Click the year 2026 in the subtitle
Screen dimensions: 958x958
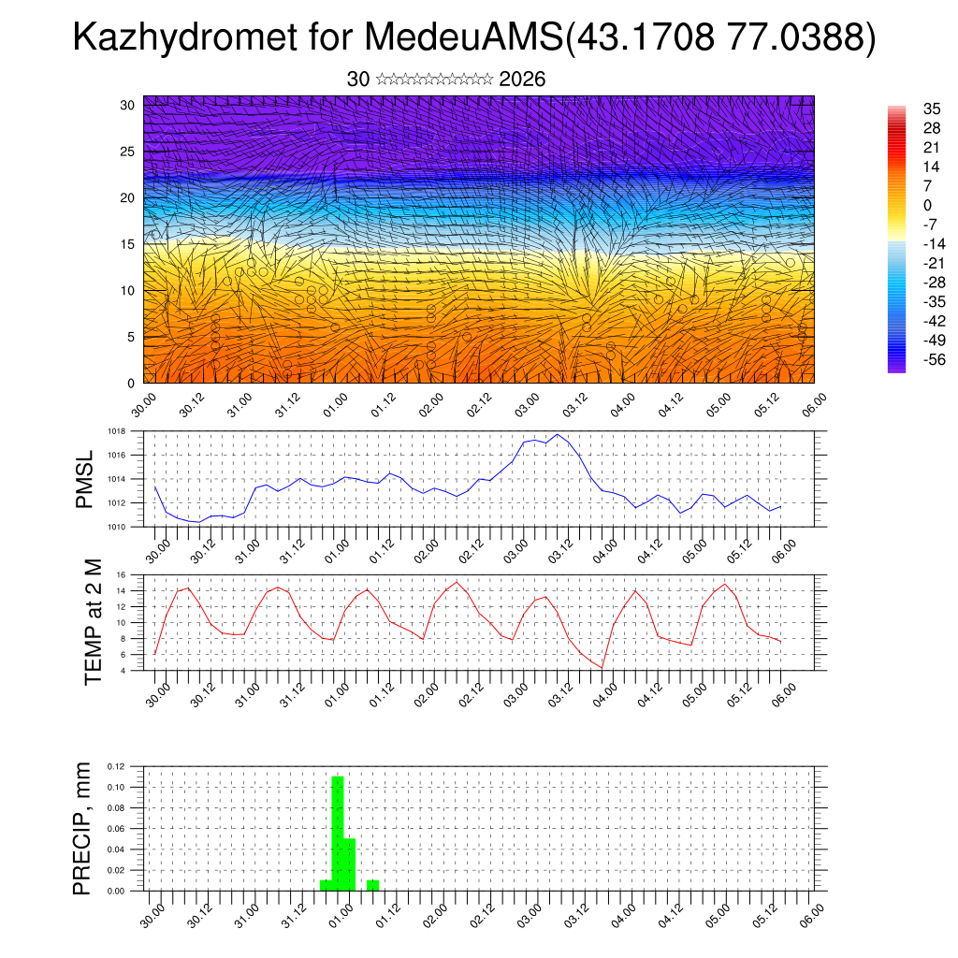522,80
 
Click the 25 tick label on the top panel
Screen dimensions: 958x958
127,151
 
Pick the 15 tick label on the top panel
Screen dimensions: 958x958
127,244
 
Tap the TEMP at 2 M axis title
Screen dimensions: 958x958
93,622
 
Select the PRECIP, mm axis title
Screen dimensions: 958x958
84,829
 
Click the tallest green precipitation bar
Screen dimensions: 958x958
338,833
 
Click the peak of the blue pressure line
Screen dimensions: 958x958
558,434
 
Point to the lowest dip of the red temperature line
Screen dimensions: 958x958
602,667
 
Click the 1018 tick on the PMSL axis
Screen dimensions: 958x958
116,431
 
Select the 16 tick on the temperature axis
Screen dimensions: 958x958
120,574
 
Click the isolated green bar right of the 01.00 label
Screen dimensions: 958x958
372,884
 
